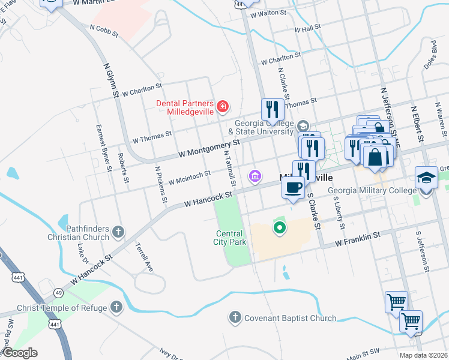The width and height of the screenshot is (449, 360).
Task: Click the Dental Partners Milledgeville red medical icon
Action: [x=223, y=107]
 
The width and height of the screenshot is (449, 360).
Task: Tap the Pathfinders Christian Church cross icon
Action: [x=119, y=231]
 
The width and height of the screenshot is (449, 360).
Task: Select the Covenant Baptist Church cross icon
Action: [x=235, y=317]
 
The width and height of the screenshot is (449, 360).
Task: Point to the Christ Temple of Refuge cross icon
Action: [x=116, y=308]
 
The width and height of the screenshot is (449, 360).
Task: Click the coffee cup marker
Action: [x=293, y=188]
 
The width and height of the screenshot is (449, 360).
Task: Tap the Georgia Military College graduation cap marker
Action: [x=426, y=178]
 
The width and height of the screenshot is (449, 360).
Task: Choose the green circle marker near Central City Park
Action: [x=279, y=227]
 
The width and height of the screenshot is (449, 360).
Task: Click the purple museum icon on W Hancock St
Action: [x=255, y=176]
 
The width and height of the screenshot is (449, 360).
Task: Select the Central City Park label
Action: [x=230, y=238]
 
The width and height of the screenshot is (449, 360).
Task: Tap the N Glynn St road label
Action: [x=109, y=80]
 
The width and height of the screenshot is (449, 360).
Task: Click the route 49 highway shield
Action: [x=58, y=292]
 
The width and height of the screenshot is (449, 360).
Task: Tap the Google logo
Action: [x=20, y=353]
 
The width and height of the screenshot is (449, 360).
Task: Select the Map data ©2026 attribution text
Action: [x=423, y=355]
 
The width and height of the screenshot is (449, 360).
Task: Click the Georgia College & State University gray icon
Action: [x=302, y=126]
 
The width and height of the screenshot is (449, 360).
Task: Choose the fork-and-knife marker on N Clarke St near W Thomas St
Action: [x=273, y=110]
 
